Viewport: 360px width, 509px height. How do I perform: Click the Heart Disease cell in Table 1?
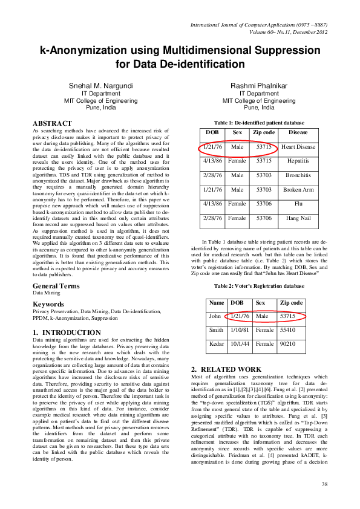coord(298,147)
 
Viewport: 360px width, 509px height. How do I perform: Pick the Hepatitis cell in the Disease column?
coord(298,161)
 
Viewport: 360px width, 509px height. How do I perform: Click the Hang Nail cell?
coord(298,218)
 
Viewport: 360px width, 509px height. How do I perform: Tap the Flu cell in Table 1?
coord(298,204)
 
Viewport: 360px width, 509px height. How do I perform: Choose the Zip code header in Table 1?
coord(264,132)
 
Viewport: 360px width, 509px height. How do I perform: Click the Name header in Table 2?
coord(216,302)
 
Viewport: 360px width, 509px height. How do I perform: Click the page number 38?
coord(324,484)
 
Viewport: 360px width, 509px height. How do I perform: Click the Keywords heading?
coord(48,304)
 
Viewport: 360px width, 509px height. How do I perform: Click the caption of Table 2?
coord(258,285)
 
